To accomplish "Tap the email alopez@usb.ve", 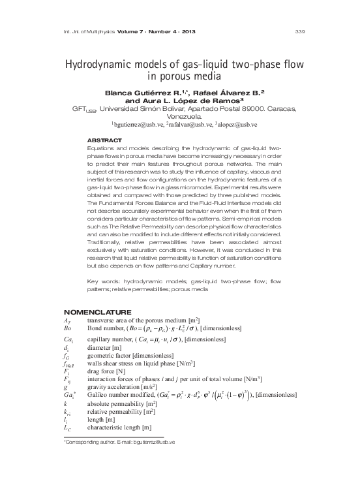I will pos(239,123).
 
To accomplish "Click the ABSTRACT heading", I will pos(104,141).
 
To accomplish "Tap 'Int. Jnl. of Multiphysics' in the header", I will pos(89,31).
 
